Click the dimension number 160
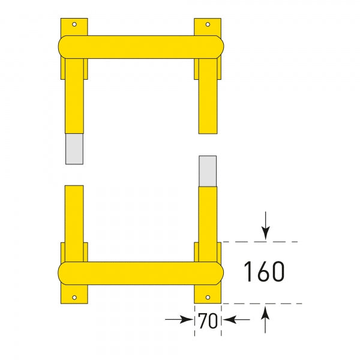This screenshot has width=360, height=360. point(263,272)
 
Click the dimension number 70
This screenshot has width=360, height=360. point(208,321)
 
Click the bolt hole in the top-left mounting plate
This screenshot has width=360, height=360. point(74,25)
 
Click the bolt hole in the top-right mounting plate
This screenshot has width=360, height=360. point(208,25)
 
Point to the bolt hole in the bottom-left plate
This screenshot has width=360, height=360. point(74,296)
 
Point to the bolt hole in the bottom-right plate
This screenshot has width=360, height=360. point(208,296)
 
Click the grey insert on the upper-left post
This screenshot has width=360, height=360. point(74,148)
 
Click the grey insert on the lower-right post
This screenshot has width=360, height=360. point(208,170)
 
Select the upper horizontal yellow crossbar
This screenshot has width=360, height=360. point(141,47)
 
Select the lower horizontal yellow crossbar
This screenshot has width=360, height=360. point(141,272)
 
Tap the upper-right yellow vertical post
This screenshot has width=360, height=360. point(208,96)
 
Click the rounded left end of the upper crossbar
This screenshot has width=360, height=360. point(64,47)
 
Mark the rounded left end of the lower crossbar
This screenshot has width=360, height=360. point(64,272)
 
